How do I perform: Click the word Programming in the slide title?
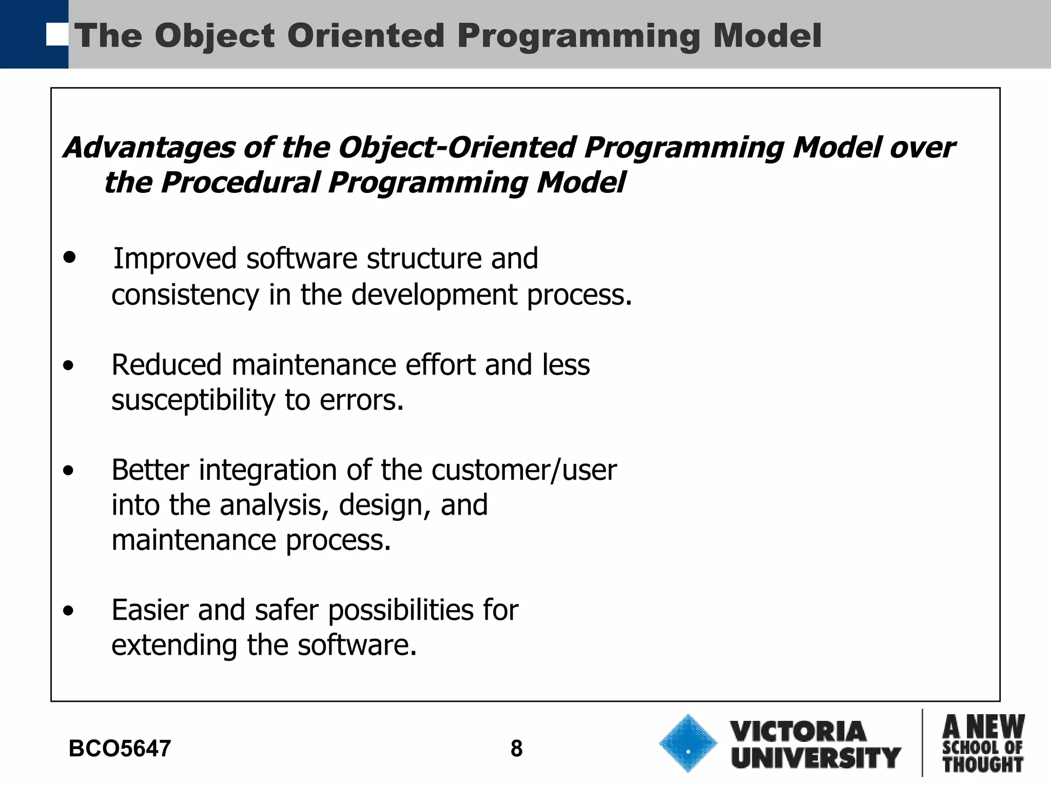579,37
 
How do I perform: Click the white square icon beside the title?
56,34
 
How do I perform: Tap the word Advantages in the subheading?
149,148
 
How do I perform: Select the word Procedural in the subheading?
240,183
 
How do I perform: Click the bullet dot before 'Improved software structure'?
69,258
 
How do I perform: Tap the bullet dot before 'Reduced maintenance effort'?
69,366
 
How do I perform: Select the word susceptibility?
193,401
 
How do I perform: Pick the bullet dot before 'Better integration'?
69,471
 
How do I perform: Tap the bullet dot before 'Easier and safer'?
69,611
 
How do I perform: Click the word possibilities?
400,611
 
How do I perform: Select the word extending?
174,646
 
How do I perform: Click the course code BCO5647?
120,749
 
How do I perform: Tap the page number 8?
516,749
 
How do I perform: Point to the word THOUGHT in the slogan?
983,765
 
